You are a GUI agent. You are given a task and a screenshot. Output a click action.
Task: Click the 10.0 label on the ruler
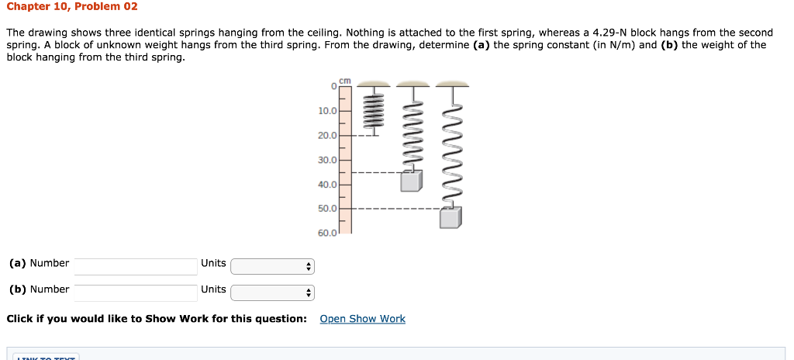pos(327,111)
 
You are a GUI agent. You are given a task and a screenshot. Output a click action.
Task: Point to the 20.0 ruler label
pos(327,136)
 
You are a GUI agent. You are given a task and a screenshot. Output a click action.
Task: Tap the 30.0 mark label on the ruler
pos(327,160)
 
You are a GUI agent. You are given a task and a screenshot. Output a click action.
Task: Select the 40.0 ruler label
pos(327,185)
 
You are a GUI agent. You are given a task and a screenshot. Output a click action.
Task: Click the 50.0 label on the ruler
pos(327,209)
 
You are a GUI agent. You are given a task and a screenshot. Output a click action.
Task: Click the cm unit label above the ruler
pos(345,80)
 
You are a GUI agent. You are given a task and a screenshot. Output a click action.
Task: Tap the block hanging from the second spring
pos(412,181)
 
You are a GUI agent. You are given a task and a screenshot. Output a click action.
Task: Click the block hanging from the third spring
pos(450,218)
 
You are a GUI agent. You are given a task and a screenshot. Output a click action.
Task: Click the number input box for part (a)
pos(136,266)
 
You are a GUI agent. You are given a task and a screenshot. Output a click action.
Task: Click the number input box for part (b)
pos(136,292)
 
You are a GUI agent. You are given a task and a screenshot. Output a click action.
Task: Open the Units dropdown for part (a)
pos(272,267)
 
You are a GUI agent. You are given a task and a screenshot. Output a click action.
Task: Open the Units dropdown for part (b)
pos(272,293)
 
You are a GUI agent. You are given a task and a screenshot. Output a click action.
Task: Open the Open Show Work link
pos(362,319)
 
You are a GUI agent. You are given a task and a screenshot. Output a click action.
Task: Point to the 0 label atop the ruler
pos(333,87)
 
